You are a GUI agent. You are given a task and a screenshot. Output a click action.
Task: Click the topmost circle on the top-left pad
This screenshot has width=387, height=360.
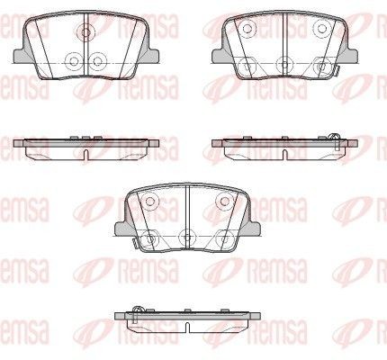[85, 31]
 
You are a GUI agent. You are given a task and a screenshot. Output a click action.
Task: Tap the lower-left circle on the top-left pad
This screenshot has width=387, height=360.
[74, 61]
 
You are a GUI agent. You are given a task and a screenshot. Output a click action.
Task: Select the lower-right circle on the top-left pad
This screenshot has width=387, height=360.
[98, 61]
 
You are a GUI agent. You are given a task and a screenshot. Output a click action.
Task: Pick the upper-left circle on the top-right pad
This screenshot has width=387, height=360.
[247, 29]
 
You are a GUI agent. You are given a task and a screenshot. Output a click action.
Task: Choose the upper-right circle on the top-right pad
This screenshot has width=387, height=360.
[322, 29]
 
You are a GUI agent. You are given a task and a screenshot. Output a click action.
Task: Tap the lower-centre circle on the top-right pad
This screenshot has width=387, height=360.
[284, 64]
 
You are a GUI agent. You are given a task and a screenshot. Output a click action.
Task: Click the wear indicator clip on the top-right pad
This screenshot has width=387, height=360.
[336, 71]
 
